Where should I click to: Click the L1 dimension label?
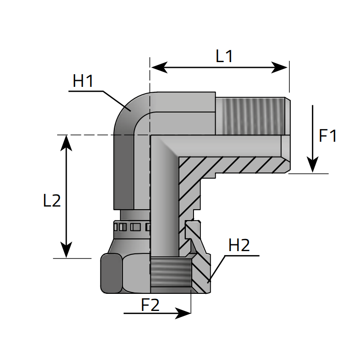[224, 56]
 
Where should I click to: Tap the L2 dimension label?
[52, 201]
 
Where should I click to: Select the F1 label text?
[328, 136]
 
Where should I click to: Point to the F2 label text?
[150, 306]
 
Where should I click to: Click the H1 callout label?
[83, 81]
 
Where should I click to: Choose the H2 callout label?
[239, 246]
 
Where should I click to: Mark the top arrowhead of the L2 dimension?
[67, 139]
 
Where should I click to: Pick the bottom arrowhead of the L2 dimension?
[67, 253]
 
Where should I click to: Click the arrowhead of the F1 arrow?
[313, 168]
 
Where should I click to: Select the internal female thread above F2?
[170, 274]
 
